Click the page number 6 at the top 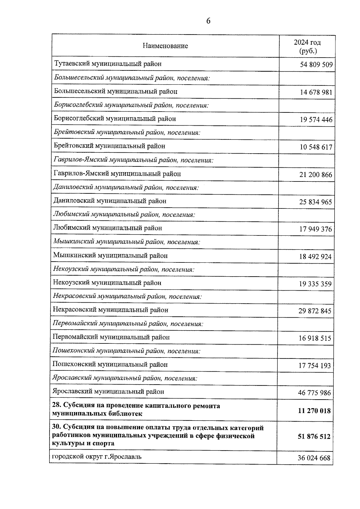click(208, 21)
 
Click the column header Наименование click(165, 46)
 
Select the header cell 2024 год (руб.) click(307, 46)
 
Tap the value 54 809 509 click(316, 65)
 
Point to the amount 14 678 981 click(316, 92)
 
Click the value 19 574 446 click(316, 120)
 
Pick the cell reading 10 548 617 click(316, 147)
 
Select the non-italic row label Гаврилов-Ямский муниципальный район click(117, 174)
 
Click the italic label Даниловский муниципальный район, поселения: click(126, 187)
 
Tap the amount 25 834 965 click(316, 202)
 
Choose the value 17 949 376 click(316, 229)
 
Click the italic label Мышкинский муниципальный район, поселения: click(127, 242)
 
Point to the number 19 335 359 click(315, 284)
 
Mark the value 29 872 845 click(315, 311)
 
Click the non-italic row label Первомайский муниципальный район click(111, 337)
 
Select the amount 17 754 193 click(315, 366)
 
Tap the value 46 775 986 click(315, 393)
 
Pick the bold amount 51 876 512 click(314, 436)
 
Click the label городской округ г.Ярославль click(97, 457)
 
